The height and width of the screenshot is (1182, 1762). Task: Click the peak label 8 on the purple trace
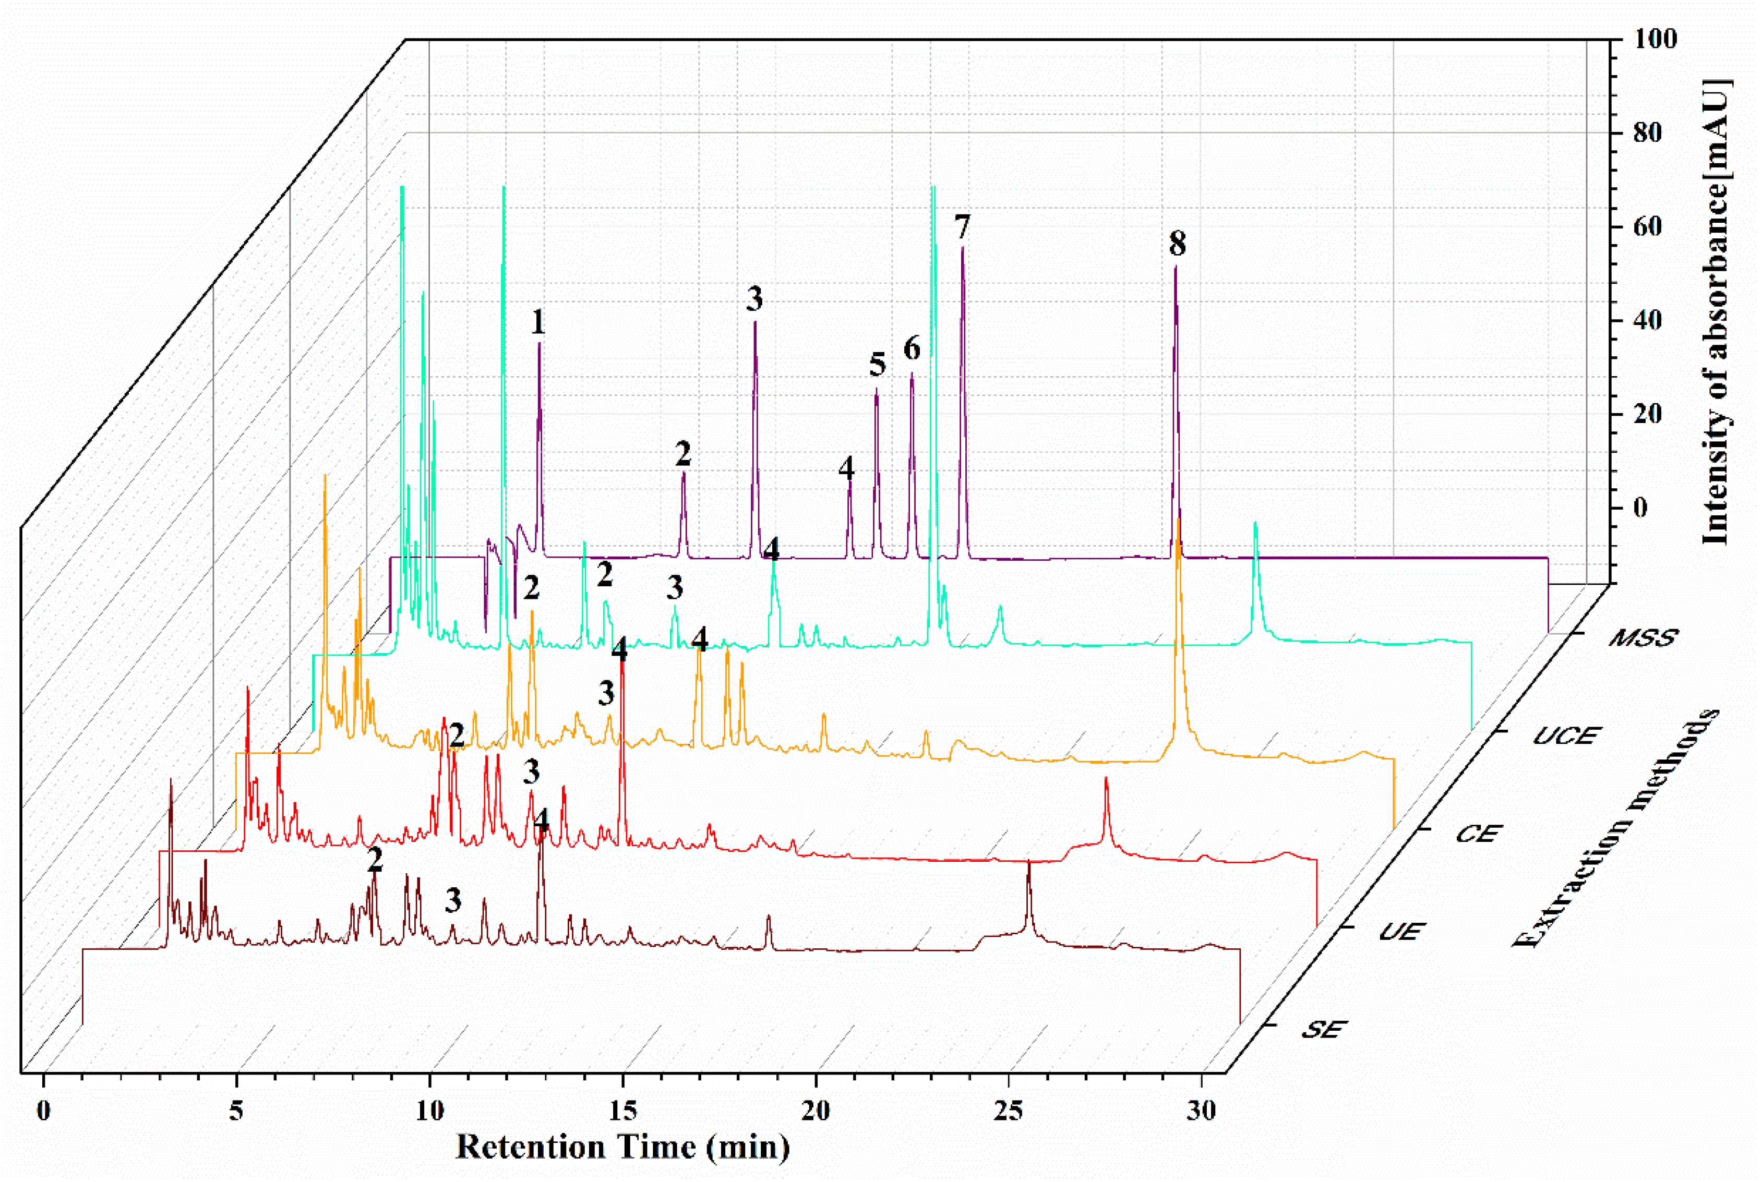(1177, 244)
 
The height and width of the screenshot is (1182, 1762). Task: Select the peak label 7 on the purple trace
(962, 227)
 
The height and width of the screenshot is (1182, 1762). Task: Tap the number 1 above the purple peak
(537, 323)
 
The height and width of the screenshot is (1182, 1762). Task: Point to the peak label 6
(912, 349)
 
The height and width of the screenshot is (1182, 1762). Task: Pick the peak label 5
(877, 365)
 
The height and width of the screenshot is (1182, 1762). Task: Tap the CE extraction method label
(1478, 834)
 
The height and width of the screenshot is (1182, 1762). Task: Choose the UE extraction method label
(1400, 932)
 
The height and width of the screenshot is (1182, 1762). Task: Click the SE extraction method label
(1323, 1030)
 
